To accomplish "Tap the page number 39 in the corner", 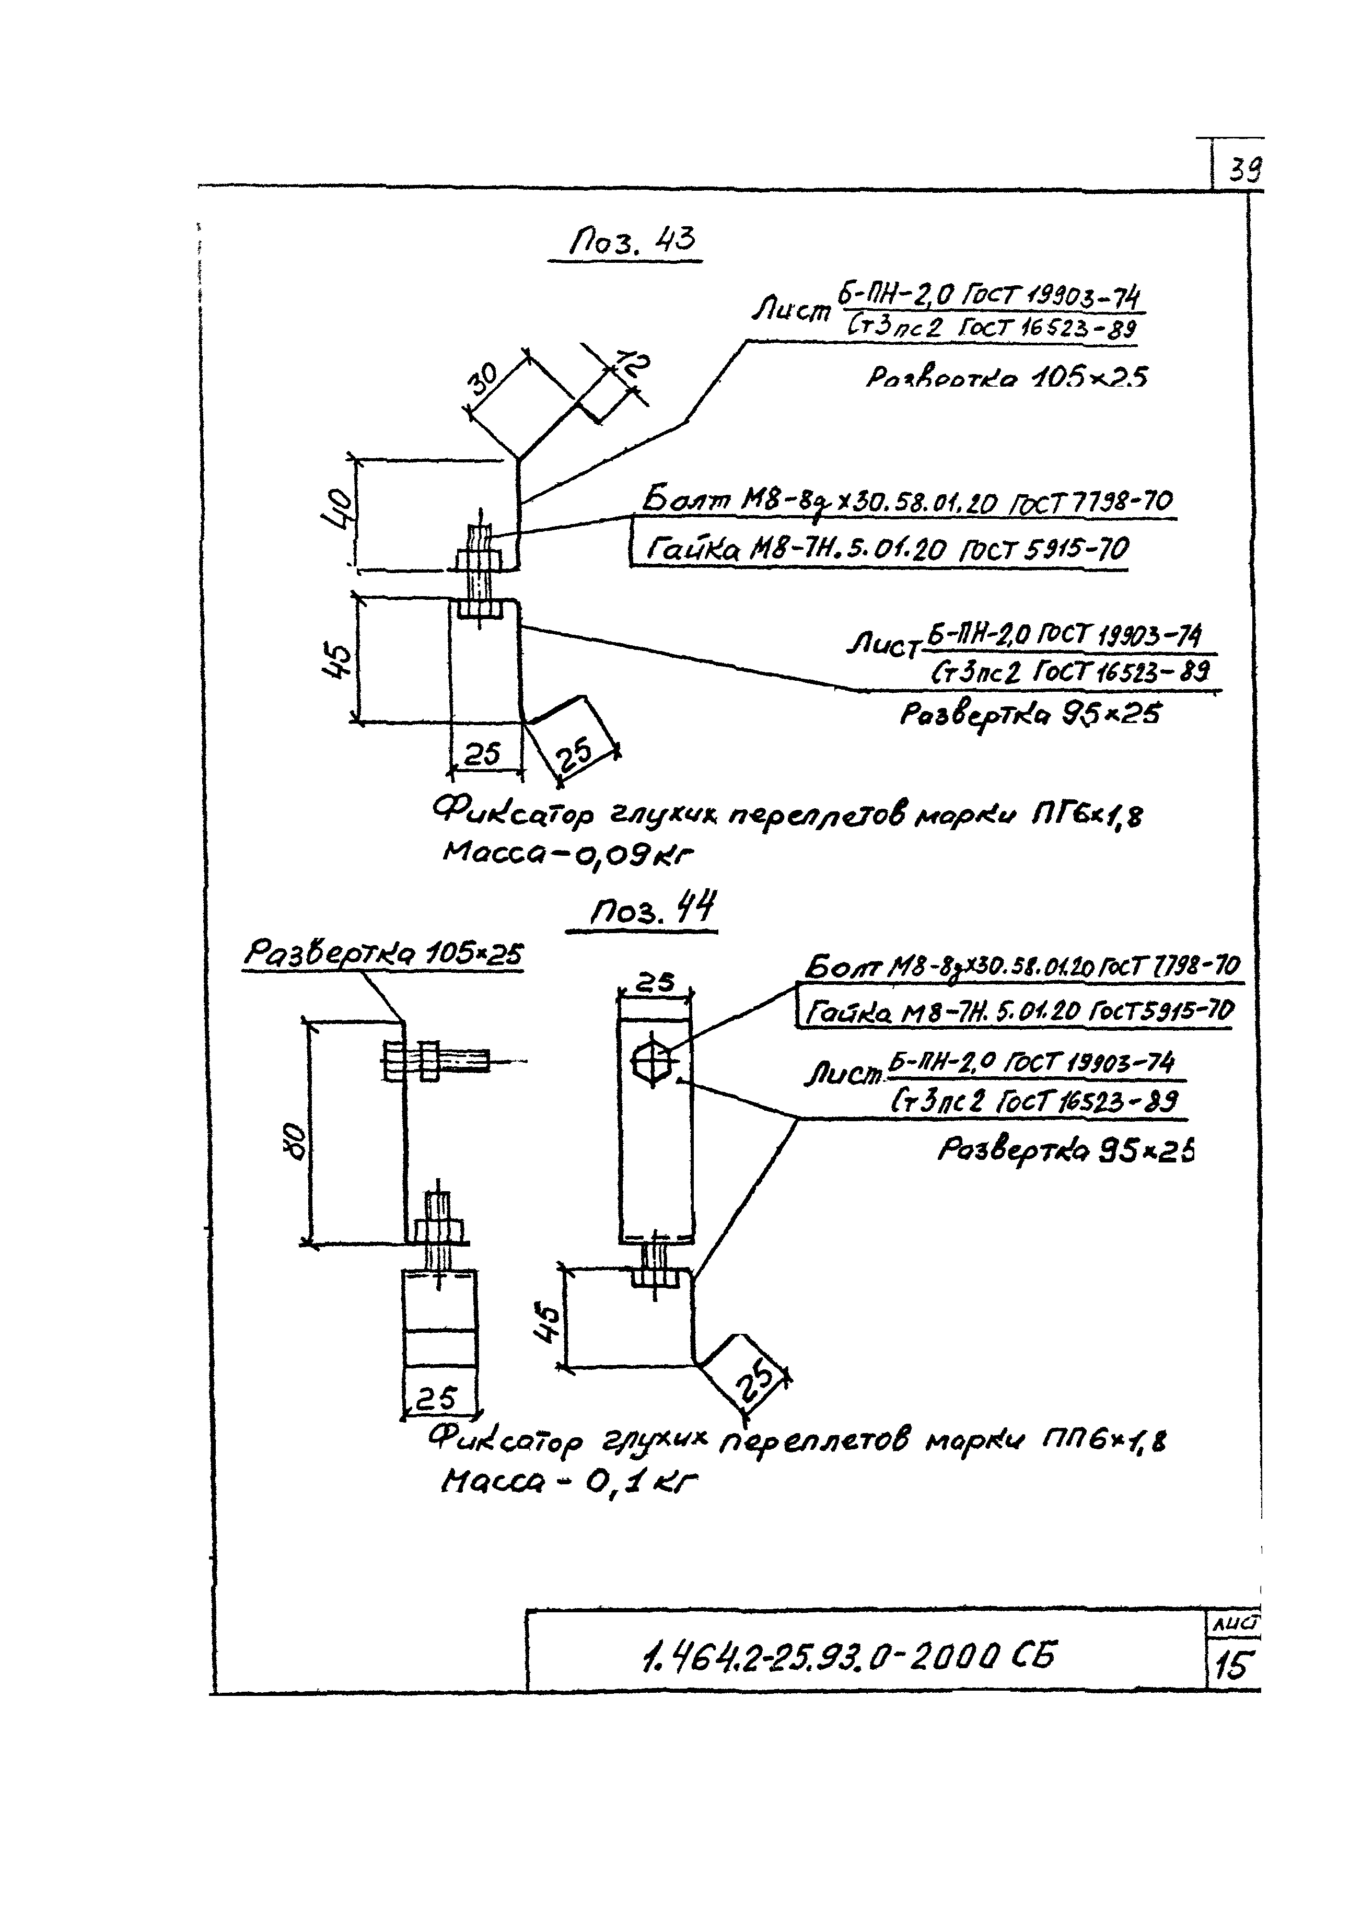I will [1243, 171].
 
